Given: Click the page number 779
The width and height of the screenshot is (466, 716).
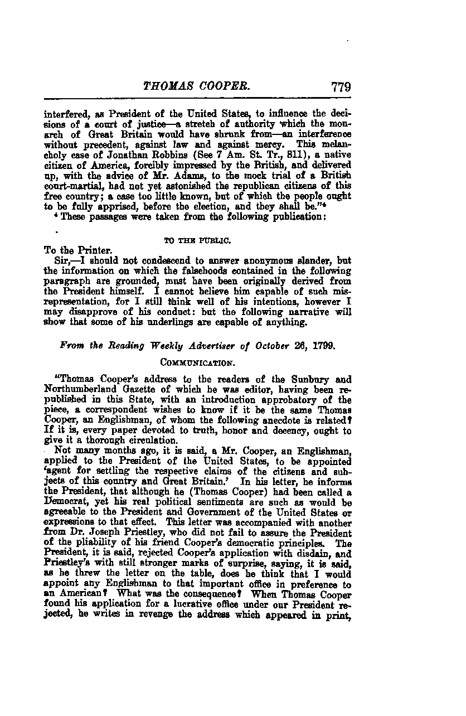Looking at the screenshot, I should [340, 86].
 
